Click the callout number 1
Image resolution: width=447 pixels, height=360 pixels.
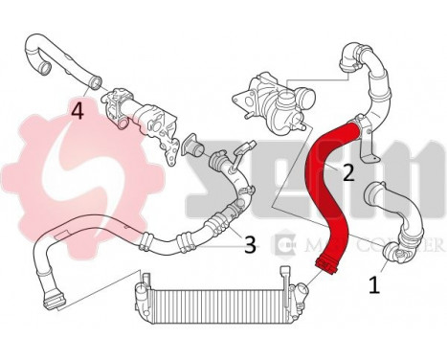tap(375, 284)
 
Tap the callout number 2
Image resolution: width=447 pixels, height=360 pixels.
tap(348, 172)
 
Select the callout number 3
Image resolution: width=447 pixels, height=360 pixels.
tap(249, 244)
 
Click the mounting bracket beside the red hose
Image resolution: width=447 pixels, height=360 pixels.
tap(373, 153)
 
